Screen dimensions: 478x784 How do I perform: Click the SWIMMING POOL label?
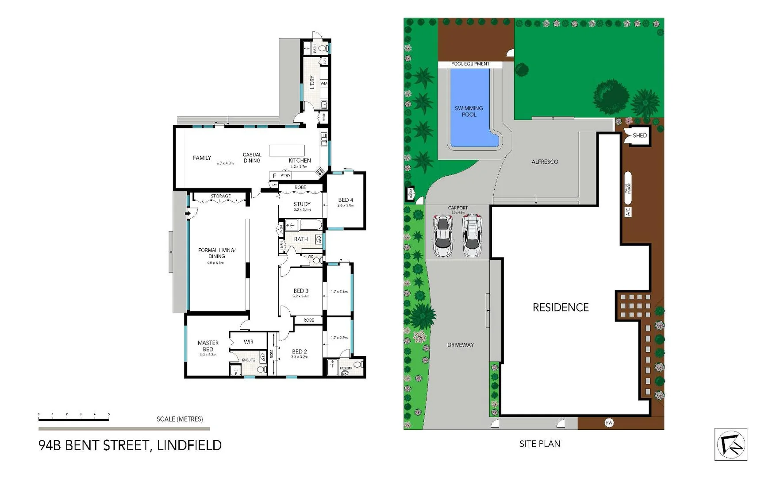click(469, 111)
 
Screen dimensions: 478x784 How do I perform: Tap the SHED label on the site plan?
click(639, 135)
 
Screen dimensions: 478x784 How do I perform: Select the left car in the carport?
click(442, 235)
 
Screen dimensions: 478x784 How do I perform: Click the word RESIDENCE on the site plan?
click(561, 308)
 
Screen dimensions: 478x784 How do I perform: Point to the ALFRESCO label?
click(545, 162)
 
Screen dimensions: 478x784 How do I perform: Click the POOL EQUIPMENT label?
click(470, 64)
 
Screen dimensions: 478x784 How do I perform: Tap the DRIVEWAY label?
click(460, 345)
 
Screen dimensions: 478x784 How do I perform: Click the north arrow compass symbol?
click(730, 444)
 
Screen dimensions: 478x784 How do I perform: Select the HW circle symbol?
click(609, 423)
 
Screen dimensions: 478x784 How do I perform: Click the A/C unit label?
click(627, 212)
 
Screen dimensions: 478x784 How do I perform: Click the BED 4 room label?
click(346, 200)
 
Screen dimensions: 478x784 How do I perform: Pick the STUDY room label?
click(302, 204)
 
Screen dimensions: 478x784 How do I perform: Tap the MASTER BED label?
click(208, 346)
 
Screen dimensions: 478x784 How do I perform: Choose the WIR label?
click(249, 342)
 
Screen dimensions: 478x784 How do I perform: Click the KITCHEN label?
click(300, 161)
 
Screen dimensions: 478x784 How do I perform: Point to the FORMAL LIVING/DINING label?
click(217, 253)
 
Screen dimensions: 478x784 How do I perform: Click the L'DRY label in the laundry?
click(312, 82)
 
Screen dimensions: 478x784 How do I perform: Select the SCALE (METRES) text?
click(180, 419)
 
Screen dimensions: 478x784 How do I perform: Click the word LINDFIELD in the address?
click(189, 445)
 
